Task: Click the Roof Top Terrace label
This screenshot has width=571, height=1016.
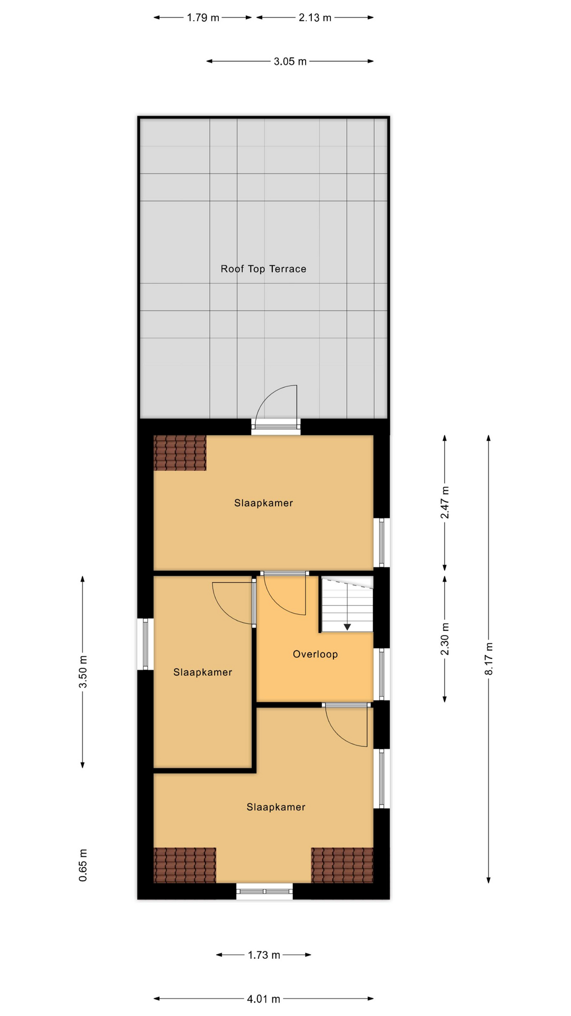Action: click(x=263, y=269)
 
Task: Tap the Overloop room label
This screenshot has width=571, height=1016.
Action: click(x=315, y=654)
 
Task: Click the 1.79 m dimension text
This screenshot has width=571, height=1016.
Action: click(x=203, y=17)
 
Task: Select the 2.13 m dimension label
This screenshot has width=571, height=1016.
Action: click(x=315, y=17)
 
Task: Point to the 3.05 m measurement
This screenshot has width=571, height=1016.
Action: click(x=290, y=61)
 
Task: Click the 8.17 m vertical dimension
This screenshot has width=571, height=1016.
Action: click(x=489, y=658)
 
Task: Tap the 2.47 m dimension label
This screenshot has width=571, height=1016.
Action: click(x=445, y=502)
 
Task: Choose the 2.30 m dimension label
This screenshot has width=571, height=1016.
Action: click(x=445, y=639)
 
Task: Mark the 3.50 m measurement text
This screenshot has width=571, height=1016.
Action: click(x=83, y=672)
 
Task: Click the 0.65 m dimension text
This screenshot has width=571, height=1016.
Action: click(x=83, y=865)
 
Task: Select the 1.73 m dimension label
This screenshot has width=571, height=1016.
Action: click(x=264, y=955)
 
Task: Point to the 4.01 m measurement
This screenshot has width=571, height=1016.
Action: click(x=263, y=999)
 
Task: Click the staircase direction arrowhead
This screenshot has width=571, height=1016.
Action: click(x=347, y=627)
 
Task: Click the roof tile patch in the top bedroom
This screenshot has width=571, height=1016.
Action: click(x=180, y=453)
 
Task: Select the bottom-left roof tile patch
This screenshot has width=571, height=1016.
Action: click(x=185, y=865)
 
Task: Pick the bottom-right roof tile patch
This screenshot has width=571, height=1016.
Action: click(x=342, y=865)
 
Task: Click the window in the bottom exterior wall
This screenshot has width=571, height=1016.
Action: click(x=264, y=891)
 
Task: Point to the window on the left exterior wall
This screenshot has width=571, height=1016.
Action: click(x=145, y=644)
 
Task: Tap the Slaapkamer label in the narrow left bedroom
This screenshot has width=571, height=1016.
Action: click(x=202, y=672)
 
